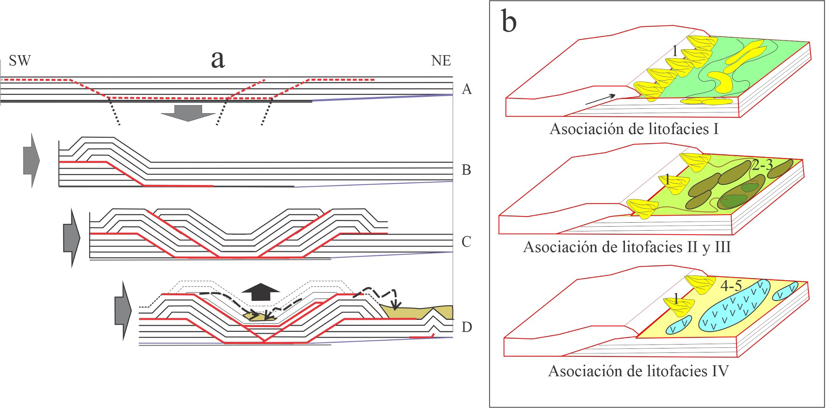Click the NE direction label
441,61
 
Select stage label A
467,90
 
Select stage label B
467,170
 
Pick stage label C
467,241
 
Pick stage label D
467,327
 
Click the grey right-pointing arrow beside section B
32,160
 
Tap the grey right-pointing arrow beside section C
71,237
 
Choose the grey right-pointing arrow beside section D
122,310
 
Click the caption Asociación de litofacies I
634,129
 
